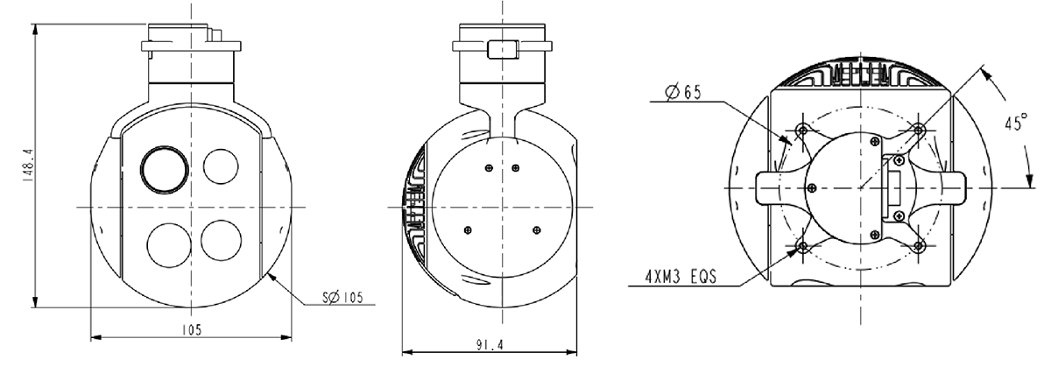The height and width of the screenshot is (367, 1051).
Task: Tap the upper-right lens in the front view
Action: tap(221, 166)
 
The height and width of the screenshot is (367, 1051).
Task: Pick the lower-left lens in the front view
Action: tap(165, 241)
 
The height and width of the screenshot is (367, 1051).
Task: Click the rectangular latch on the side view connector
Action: tap(502, 48)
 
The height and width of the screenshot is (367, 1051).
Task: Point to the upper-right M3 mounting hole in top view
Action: tap(918, 130)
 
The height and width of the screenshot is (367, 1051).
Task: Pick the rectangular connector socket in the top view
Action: tap(896, 187)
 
